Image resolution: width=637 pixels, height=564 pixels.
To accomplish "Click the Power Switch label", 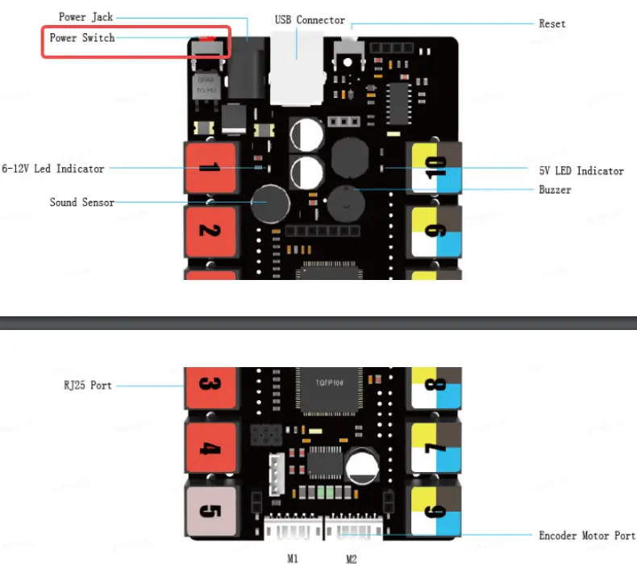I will [81, 38].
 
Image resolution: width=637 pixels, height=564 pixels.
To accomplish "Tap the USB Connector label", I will [309, 20].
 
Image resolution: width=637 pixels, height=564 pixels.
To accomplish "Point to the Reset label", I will [552, 23].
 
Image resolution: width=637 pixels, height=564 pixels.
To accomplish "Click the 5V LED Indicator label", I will [581, 170].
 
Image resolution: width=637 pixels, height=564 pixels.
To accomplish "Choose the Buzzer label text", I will [555, 190].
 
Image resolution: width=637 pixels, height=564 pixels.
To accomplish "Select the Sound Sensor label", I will [81, 202].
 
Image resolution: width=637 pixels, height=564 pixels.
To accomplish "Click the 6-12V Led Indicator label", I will [53, 169].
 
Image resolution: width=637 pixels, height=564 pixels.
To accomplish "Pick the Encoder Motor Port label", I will [586, 535].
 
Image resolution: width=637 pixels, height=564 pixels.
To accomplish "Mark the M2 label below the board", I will [352, 557].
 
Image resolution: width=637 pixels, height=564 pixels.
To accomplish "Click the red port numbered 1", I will [210, 168].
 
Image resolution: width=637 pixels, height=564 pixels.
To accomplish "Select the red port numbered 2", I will [210, 232].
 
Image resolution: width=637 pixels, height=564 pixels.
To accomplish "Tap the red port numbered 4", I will [210, 448].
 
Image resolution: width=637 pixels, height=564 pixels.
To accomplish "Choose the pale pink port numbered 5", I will [210, 512].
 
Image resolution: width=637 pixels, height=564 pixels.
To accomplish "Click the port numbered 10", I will [436, 168].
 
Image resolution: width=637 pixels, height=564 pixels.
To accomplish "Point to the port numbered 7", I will [436, 448].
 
